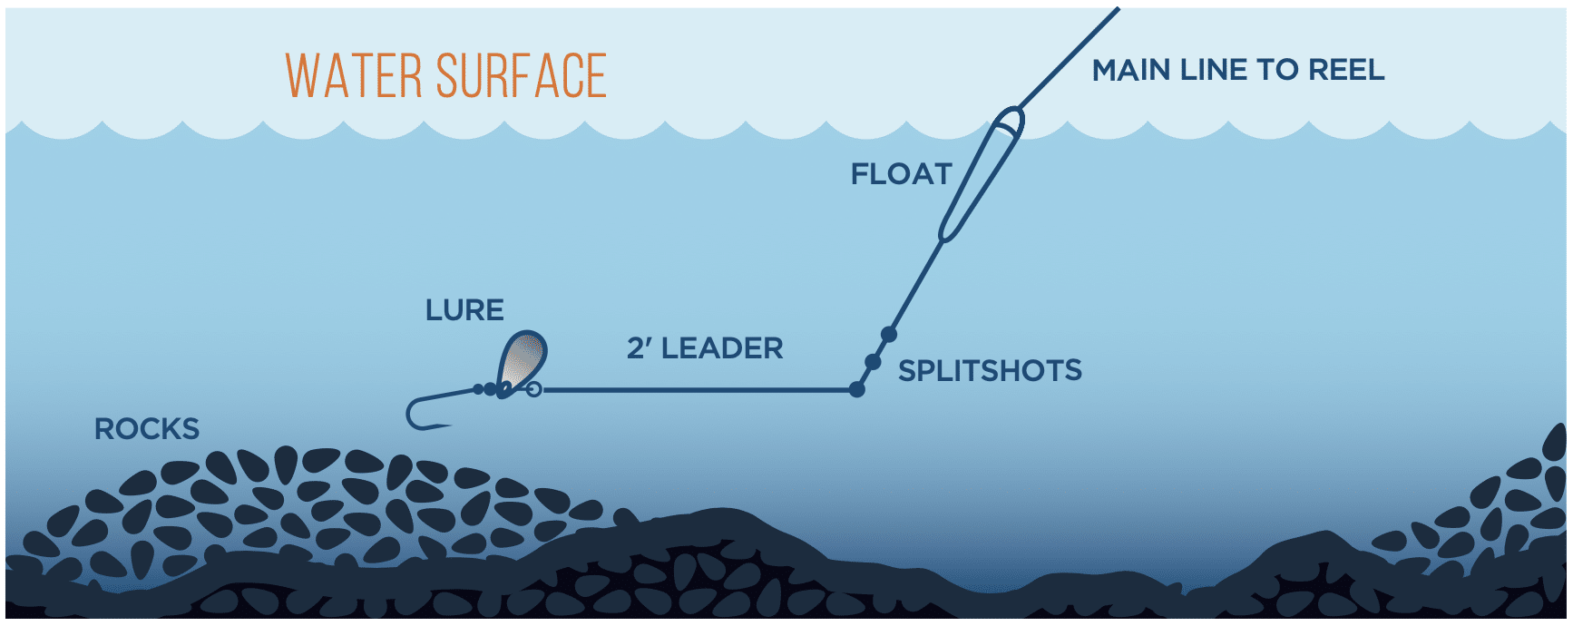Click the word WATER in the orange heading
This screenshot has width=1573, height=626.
[354, 75]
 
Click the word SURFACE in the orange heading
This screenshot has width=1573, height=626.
[521, 75]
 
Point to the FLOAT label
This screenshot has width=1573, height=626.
[901, 173]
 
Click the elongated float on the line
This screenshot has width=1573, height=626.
[981, 175]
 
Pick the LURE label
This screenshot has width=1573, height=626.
[464, 310]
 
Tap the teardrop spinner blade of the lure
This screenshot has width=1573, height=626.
[523, 362]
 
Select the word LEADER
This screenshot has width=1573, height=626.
[722, 348]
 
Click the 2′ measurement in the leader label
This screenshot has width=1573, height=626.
[639, 348]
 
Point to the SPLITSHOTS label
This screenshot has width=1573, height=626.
[990, 370]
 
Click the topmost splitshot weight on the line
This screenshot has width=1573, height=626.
[889, 335]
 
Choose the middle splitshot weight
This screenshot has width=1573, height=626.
[873, 362]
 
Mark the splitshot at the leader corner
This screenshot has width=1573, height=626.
[856, 390]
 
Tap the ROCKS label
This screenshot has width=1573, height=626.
[147, 429]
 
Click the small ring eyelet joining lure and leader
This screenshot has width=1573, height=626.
[533, 389]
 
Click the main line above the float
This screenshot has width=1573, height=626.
[1070, 57]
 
